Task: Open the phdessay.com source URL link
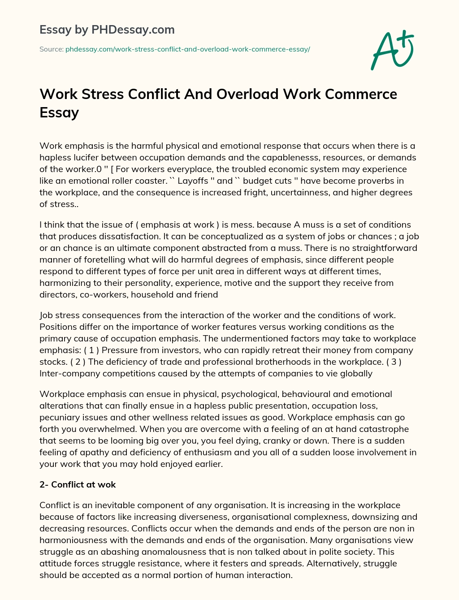(187, 49)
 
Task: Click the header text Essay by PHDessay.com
(107, 30)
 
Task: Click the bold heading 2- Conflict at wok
(78, 484)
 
